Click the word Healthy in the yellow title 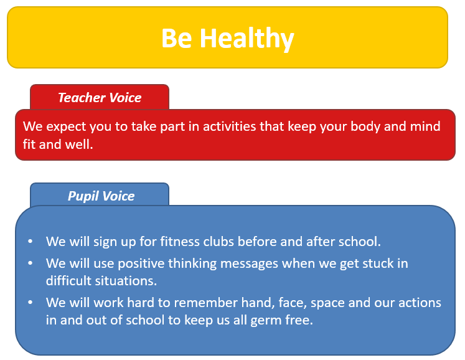pos(247,38)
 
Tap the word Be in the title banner pos(176,38)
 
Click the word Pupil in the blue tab pos(83,196)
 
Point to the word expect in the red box pos(66,127)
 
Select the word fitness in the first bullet pos(180,241)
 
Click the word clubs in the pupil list pos(218,241)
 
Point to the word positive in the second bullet pos(141,264)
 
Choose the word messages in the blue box pos(249,264)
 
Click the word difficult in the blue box pos(68,280)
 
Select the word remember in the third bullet pos(205,303)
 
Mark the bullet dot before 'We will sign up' pos(31,241)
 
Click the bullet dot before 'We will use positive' pos(31,263)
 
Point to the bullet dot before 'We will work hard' pos(31,303)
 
